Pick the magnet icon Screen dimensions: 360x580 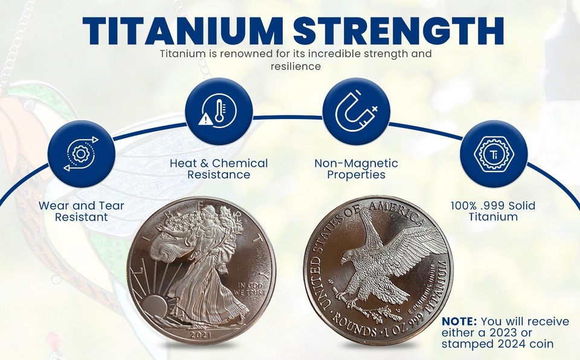point(356,111)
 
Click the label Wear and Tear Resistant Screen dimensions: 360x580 point(81,211)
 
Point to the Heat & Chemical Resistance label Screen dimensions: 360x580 point(218,169)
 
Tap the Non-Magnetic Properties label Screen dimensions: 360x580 point(356,169)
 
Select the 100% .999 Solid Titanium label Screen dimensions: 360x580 point(493,211)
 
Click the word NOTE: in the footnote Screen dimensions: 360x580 point(460,321)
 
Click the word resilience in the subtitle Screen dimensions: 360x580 point(295,66)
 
